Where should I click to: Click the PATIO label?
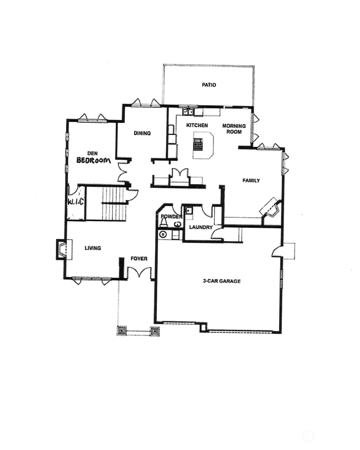(209, 85)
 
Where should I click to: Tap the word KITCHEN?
(197, 125)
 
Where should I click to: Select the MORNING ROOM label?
(234, 129)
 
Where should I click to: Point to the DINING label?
(142, 133)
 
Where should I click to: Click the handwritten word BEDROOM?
(94, 160)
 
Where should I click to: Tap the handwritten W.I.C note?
(76, 202)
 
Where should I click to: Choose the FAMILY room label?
(251, 180)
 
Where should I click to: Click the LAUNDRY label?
(201, 227)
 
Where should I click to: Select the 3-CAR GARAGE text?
(222, 281)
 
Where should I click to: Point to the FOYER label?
(139, 259)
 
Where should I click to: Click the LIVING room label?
(93, 248)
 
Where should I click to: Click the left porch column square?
(121, 331)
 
